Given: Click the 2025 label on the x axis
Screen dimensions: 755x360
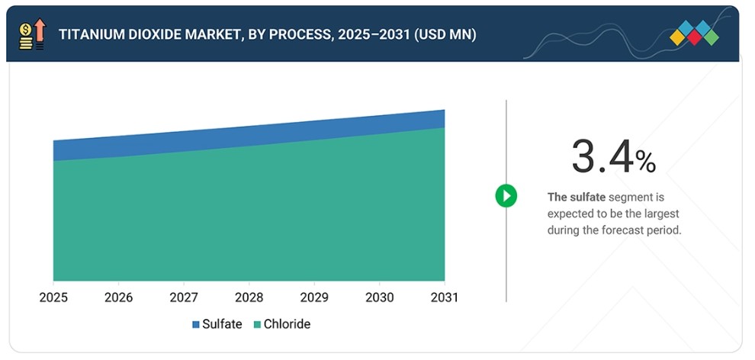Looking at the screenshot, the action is [53, 297].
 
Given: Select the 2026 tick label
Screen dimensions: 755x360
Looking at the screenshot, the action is [118, 297].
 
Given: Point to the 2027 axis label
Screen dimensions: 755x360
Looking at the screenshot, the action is [184, 297].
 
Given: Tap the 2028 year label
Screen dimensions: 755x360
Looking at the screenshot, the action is [249, 297].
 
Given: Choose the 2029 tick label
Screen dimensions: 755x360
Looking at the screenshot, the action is [314, 297].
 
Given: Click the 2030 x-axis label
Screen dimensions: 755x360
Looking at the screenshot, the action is [380, 297].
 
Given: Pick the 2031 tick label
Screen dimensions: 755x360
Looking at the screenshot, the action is [445, 297].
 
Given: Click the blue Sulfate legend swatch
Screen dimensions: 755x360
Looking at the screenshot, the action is [196, 324].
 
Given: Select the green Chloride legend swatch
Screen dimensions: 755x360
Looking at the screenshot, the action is [257, 324].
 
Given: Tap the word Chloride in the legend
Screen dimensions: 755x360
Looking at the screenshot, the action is [287, 324].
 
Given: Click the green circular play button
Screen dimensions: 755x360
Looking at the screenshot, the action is [506, 196].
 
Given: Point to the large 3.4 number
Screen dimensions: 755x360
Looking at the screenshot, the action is [602, 156].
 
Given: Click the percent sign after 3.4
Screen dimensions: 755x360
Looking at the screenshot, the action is [645, 162].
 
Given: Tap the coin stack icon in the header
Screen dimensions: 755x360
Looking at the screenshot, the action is [25, 37].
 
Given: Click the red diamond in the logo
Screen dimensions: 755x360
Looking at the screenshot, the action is [694, 37].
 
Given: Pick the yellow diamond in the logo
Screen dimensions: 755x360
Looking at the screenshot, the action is [677, 37].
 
